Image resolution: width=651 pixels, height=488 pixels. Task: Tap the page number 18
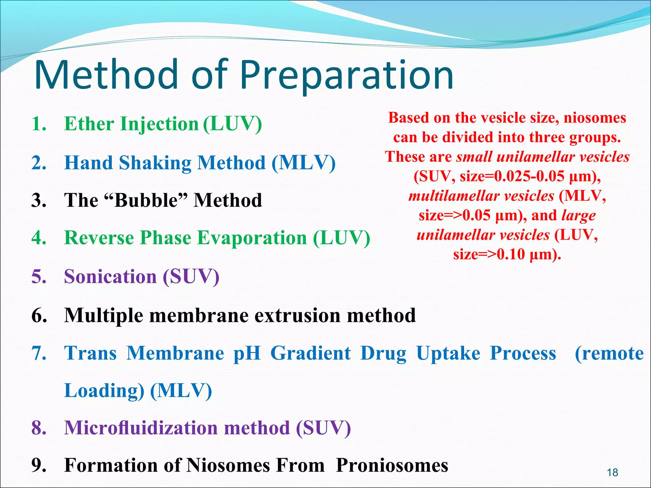click(x=612, y=472)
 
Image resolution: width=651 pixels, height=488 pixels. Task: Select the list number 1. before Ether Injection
click(x=39, y=124)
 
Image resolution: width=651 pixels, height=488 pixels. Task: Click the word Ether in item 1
click(x=89, y=124)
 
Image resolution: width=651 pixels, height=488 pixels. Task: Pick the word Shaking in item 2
click(x=155, y=163)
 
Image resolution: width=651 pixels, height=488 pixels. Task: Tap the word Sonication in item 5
click(x=110, y=276)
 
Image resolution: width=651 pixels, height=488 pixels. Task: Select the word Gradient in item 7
click(x=311, y=354)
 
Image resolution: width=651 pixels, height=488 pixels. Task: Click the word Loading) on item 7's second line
click(x=104, y=391)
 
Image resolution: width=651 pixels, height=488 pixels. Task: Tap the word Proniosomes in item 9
click(x=392, y=465)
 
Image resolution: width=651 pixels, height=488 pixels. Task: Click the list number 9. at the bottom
click(x=39, y=465)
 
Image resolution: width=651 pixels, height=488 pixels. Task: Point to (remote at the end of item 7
click(x=609, y=353)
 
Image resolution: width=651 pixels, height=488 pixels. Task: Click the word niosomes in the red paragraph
click(x=595, y=118)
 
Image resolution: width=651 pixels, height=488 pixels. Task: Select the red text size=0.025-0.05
click(x=512, y=176)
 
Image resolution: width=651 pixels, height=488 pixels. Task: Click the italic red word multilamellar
click(x=481, y=196)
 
